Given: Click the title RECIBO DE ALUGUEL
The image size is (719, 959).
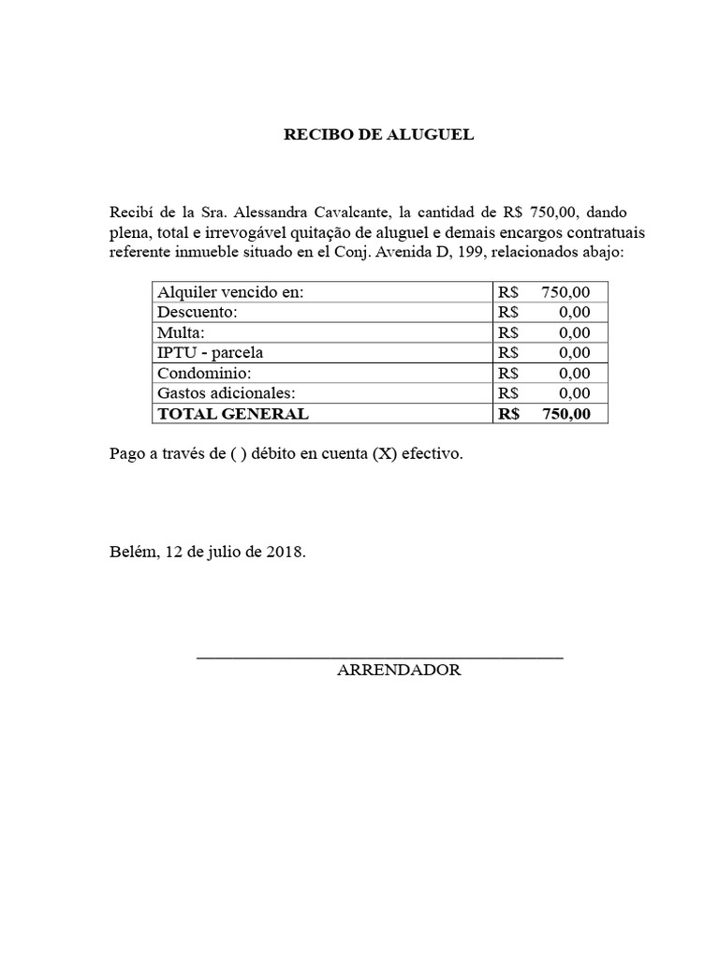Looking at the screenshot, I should pos(379,135).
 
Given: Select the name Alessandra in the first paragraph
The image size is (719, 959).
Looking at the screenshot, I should pos(266,212).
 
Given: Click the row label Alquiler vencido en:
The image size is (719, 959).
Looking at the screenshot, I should pos(231,292).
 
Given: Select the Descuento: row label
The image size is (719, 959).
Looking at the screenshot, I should pos(198,312).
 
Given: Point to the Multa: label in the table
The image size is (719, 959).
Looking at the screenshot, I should pos(181,332).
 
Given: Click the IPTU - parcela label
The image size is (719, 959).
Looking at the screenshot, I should pos(211,353).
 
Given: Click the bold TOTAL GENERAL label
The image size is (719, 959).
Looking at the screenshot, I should pos(233,413).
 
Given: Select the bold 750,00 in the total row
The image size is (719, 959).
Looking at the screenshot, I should pos(565,413).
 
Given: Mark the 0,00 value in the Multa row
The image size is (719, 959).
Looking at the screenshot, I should pos(575,332).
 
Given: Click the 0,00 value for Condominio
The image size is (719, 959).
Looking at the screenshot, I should pos(575,373).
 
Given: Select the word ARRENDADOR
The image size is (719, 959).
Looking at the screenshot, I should pos(399,671).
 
